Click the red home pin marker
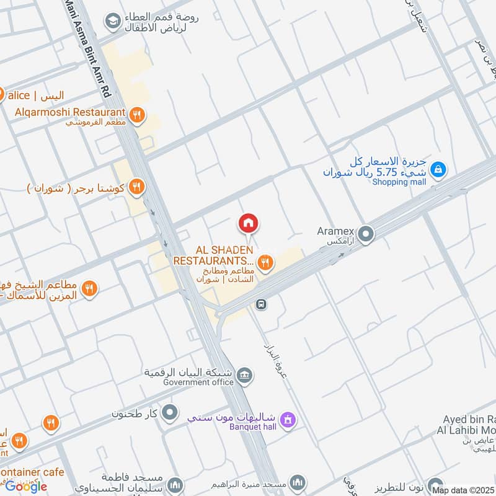point(248,223)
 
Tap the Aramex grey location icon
point(366,234)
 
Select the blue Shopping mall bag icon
point(438,169)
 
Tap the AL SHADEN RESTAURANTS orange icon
point(265,262)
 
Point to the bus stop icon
point(262,304)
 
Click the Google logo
point(26,486)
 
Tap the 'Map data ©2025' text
point(463,490)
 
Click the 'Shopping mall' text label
point(399,182)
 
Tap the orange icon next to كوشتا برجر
point(137,187)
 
